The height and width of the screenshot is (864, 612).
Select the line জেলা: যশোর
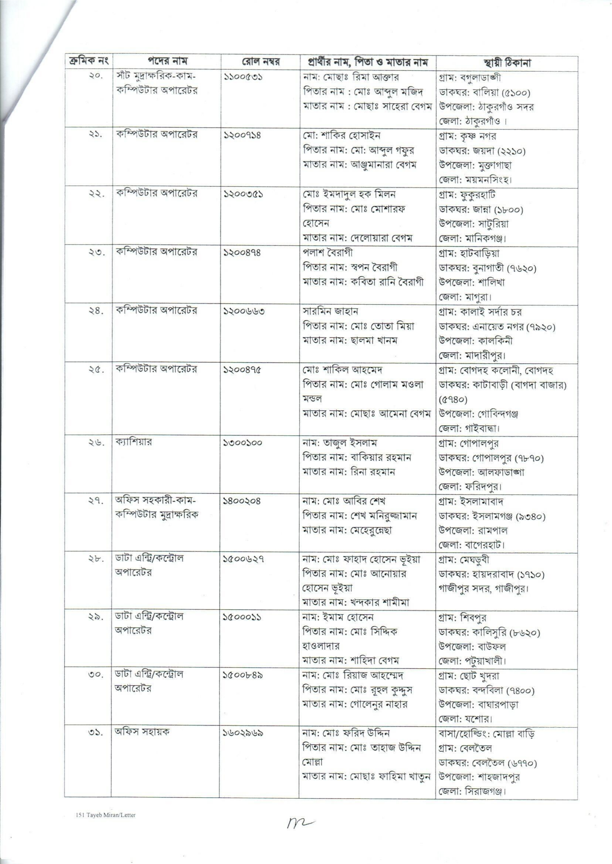coord(466,719)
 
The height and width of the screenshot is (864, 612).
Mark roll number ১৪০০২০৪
coord(242,501)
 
